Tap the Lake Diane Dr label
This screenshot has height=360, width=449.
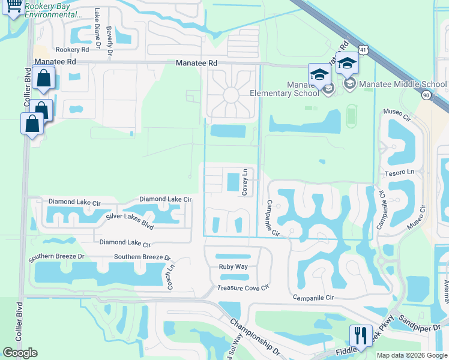pyautogui.click(x=97, y=23)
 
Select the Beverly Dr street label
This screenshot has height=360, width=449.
pyautogui.click(x=109, y=42)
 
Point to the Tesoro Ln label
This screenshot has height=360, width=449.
pyautogui.click(x=403, y=172)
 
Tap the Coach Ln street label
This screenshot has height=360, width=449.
pyautogui.click(x=170, y=277)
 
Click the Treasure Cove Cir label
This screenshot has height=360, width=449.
pyautogui.click(x=244, y=288)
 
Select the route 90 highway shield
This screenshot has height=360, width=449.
pyautogui.click(x=426, y=95)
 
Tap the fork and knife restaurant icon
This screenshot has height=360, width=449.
pyautogui.click(x=360, y=335)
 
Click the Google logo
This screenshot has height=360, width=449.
pyautogui.click(x=20, y=352)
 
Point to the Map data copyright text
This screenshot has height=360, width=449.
pyautogui.click(x=412, y=355)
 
